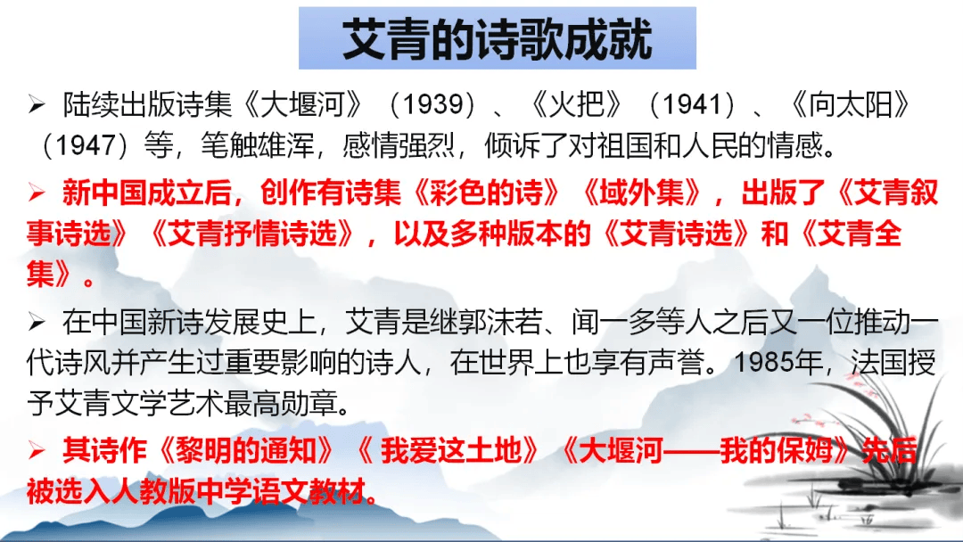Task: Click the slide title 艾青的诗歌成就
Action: point(497,38)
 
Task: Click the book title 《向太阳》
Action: point(850,106)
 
